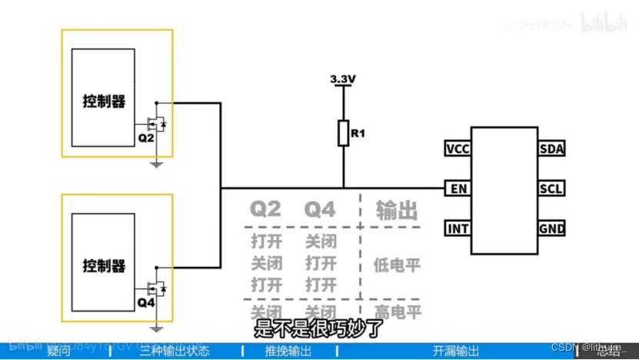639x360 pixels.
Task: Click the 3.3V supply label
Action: [343, 79]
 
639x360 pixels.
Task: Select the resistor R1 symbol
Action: [343, 134]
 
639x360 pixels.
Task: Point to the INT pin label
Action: [459, 228]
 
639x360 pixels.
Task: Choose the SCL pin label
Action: [552, 188]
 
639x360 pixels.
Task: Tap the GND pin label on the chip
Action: [552, 228]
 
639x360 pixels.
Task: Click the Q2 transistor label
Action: [146, 138]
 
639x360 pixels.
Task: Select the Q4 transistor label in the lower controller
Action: [146, 302]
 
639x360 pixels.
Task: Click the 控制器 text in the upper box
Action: [105, 102]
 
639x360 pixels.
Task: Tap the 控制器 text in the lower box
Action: [105, 266]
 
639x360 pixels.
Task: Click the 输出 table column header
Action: [396, 209]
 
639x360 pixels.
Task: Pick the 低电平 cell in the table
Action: [397, 265]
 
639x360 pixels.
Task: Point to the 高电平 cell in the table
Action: [397, 313]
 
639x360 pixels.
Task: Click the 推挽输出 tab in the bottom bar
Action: [288, 352]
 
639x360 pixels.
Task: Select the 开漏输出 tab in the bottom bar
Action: [456, 352]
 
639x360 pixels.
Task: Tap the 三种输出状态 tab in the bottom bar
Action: [174, 352]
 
